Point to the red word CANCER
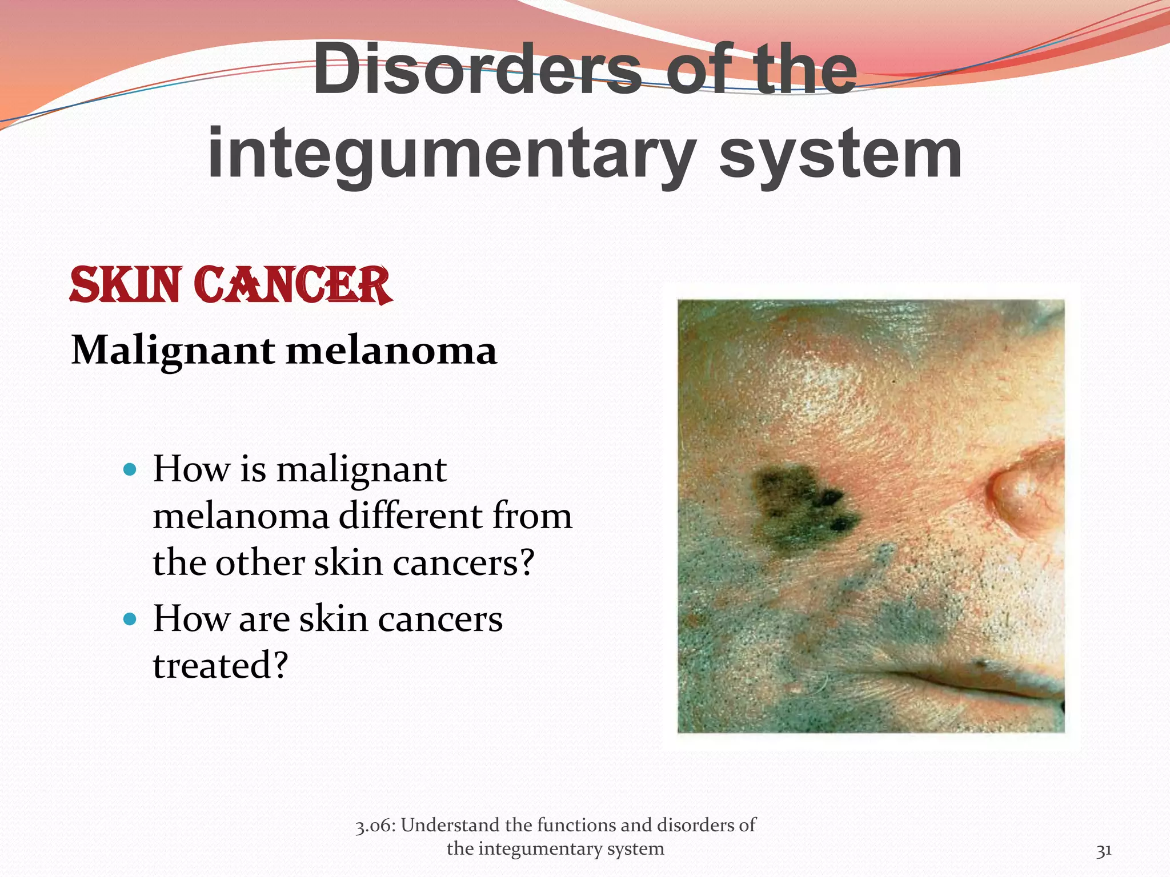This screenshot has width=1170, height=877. pos(292,285)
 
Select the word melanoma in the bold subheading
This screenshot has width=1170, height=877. pos(391,350)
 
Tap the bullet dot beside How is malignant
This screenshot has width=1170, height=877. pos(130,470)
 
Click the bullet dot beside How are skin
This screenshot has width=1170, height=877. pos(130,619)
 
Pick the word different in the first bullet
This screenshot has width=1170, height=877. pos(411,516)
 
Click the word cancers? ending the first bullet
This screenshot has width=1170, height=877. pos(463,562)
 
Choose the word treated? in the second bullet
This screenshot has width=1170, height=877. pos(221,665)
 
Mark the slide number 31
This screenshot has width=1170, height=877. pos(1103,850)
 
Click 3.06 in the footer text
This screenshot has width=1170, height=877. pos(374,826)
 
